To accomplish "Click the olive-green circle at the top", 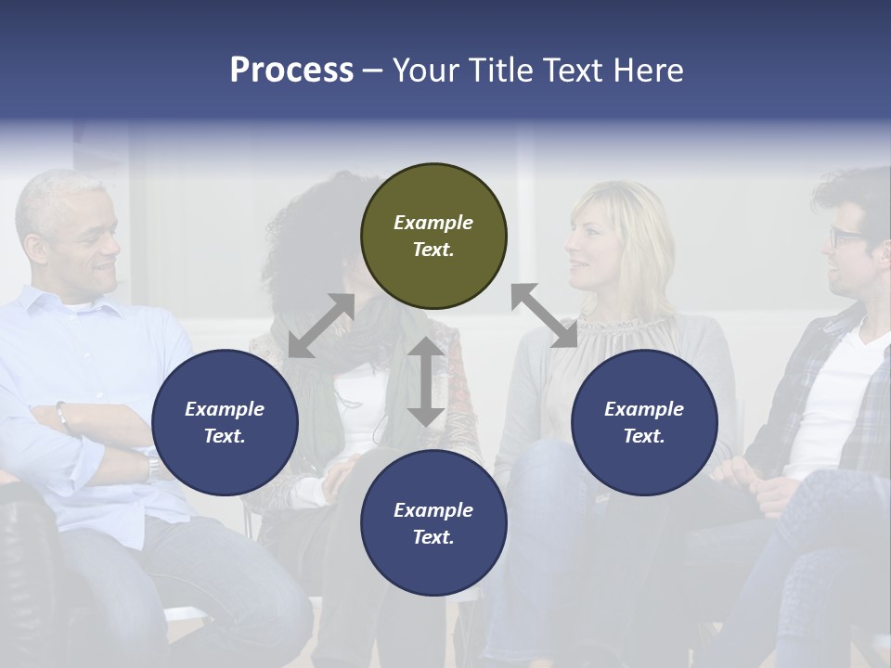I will [x=433, y=237].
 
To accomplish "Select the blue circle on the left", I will [x=225, y=423].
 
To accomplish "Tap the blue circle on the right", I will [x=644, y=423].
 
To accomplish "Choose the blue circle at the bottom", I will [x=433, y=523].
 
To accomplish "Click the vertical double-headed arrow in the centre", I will [x=426, y=381].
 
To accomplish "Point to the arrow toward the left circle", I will [x=321, y=326].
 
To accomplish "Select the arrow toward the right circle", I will [x=544, y=315].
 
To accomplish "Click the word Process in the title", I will [x=291, y=70].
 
